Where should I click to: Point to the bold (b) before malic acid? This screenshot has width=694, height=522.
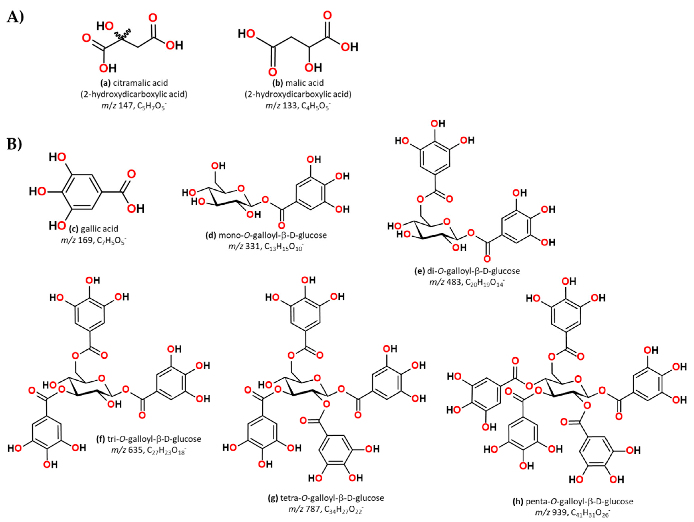point(278,83)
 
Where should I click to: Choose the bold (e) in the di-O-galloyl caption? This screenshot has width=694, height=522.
point(420,271)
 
